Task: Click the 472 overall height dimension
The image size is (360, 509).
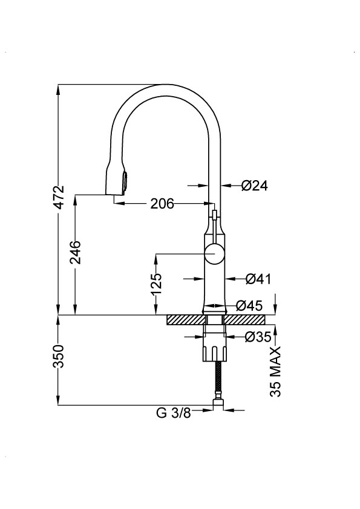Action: pos(59,198)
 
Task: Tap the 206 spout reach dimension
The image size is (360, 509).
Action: pos(162,204)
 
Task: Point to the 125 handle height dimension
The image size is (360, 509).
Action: pos(157,284)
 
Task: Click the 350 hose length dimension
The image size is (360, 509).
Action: pos(59,357)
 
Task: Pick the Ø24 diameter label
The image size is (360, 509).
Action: pos(254,186)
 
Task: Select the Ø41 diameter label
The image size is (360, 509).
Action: pos(258,279)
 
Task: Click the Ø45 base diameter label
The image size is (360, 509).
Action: pos(249,305)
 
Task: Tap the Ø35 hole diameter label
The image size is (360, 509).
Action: pos(258,337)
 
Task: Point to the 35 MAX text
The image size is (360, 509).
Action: pos(275,372)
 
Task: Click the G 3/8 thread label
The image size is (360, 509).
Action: pos(174,413)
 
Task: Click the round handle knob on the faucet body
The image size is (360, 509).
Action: pos(214,254)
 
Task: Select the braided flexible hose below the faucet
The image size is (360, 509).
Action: pos(218,380)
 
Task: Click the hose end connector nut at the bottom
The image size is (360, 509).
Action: pos(218,404)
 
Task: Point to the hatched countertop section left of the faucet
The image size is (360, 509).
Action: pos(186,320)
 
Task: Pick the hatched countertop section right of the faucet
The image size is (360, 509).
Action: pos(245,320)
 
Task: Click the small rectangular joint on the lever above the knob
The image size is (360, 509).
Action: pos(214,215)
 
